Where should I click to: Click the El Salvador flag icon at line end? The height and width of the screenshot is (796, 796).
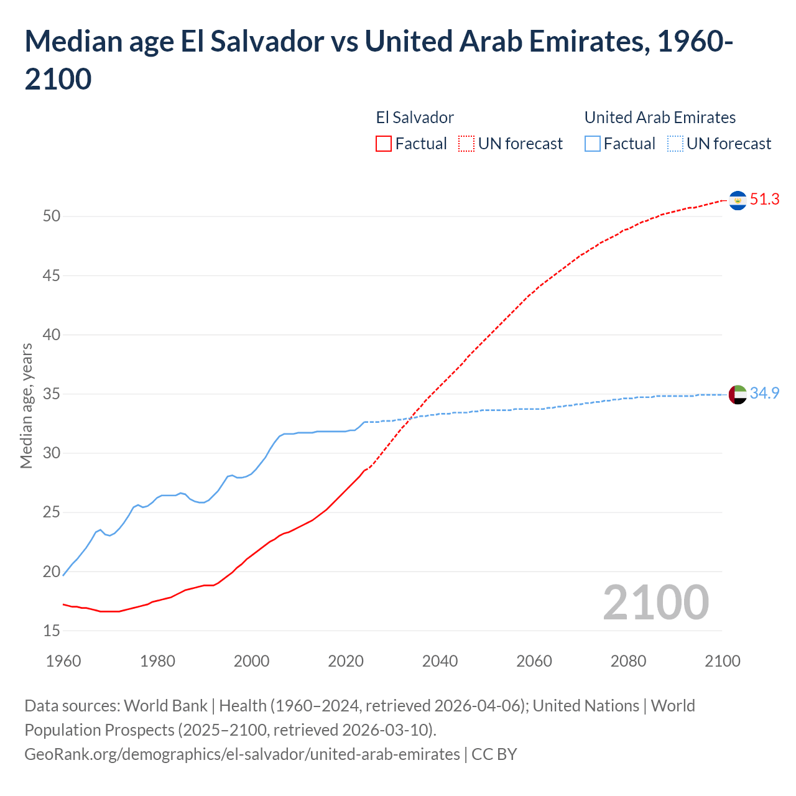point(738,200)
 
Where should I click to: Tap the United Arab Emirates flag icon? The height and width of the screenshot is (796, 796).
point(738,394)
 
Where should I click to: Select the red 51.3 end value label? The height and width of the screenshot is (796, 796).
point(765,200)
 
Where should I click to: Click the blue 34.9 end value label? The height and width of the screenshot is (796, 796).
point(765,394)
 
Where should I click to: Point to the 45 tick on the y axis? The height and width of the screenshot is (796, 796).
point(52,275)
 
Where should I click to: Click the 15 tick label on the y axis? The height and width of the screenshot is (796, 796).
point(52,631)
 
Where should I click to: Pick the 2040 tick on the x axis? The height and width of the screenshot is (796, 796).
point(440,661)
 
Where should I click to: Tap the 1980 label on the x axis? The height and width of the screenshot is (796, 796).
point(157,661)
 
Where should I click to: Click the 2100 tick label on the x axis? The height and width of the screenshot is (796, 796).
point(722,661)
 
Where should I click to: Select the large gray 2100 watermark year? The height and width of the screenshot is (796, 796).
point(655,603)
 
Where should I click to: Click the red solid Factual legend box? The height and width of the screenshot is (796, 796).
point(384,144)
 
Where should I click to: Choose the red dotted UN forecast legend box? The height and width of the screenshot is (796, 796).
point(466,144)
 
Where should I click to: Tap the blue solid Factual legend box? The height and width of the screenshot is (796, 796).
point(593,144)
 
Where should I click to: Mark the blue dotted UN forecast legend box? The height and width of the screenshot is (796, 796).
point(675,144)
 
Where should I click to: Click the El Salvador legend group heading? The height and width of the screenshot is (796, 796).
point(415,118)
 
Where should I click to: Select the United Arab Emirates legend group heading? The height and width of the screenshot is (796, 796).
point(660,118)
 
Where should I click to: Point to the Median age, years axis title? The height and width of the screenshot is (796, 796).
point(26,405)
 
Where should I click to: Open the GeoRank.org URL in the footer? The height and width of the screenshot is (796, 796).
point(242,754)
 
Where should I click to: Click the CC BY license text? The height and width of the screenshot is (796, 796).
point(494,754)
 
